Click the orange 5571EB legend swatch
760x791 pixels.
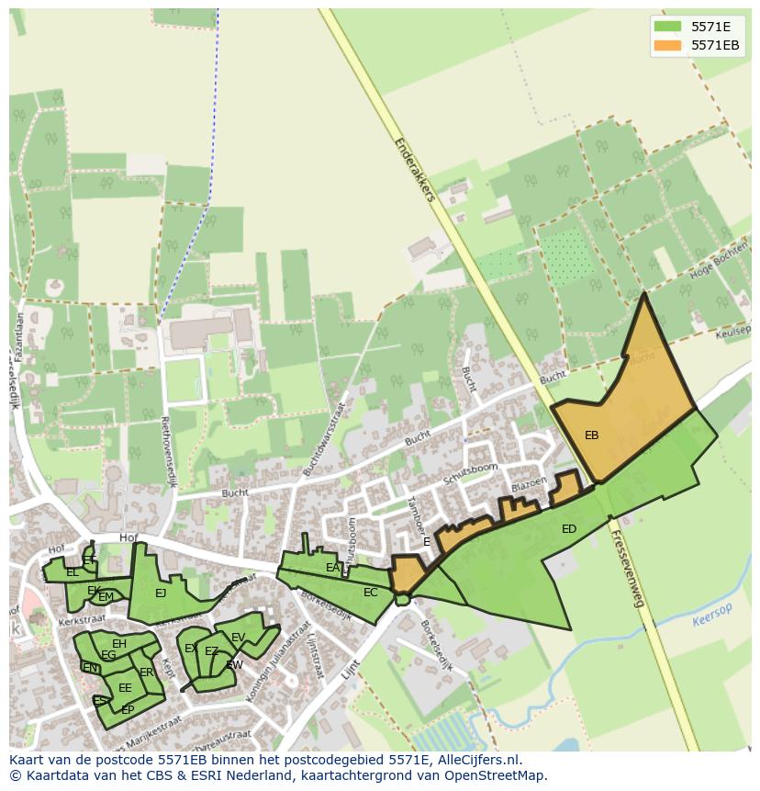click(667, 45)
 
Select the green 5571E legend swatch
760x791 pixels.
click(667, 27)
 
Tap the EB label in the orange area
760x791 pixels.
click(592, 435)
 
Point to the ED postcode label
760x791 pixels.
click(569, 529)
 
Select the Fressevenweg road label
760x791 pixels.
click(628, 570)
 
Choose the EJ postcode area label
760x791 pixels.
click(161, 593)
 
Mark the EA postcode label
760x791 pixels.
click(332, 569)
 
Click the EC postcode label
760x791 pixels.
click(370, 593)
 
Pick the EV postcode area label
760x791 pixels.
click(238, 638)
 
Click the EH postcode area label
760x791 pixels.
click(119, 644)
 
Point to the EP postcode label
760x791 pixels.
click(128, 710)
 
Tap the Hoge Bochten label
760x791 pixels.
click(712, 266)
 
